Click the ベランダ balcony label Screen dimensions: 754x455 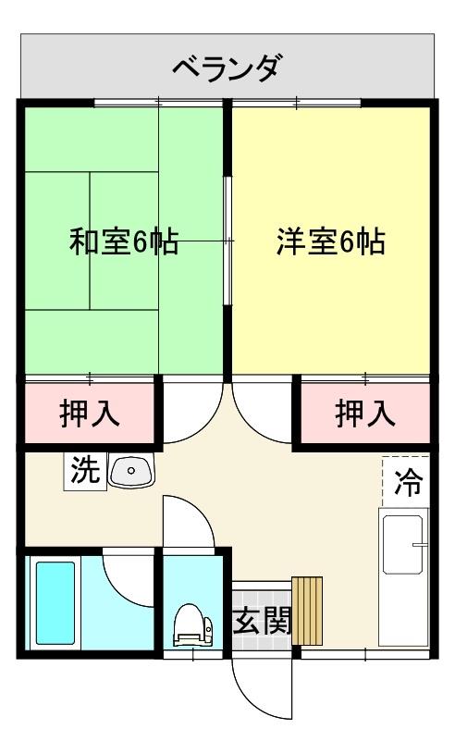click(227, 68)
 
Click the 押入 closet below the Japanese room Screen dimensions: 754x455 click(89, 413)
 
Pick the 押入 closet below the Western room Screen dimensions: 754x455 click(364, 413)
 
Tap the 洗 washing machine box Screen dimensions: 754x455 click(84, 470)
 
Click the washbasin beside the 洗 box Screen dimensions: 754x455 click(131, 471)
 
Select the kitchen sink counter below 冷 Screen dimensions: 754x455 click(405, 577)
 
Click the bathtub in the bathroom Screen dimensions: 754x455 click(54, 602)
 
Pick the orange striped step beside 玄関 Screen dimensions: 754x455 click(307, 611)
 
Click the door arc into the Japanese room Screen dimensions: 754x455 click(191, 412)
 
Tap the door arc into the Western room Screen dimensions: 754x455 click(262, 412)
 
